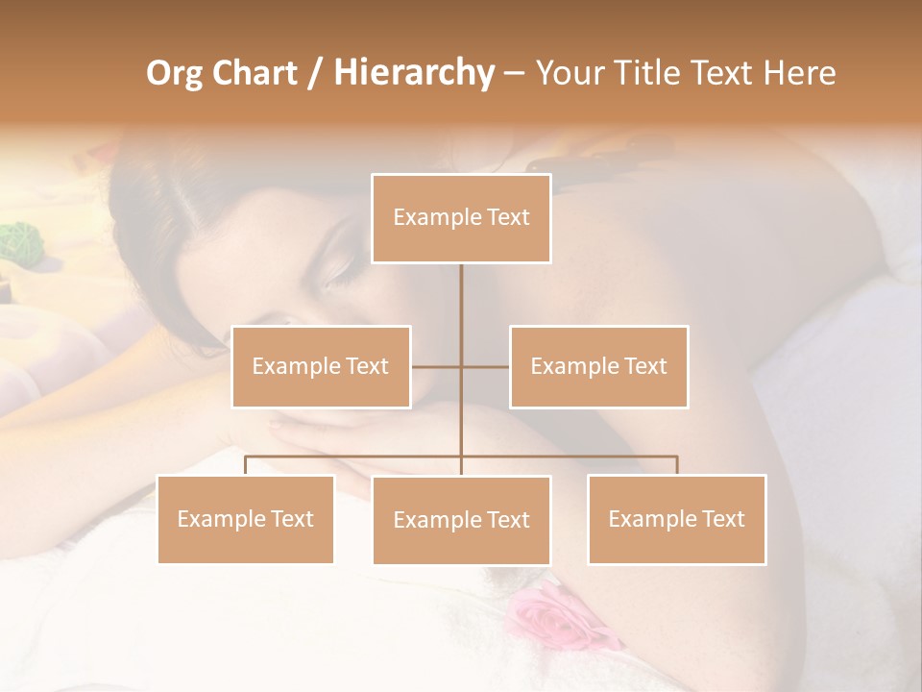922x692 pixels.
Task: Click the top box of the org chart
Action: pos(461,218)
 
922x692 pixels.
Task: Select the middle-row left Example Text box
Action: pos(321,366)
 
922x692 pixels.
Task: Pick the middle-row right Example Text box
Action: pos(598,366)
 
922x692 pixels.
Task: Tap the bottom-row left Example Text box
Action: pos(245,519)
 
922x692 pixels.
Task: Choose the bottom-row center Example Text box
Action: pos(461,520)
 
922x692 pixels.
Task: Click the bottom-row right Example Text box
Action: pos(676,519)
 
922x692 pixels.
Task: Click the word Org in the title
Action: pos(174,73)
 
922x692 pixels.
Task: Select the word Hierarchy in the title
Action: pos(413,73)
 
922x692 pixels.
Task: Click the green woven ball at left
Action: pos(16,242)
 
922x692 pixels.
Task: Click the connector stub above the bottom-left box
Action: pos(245,465)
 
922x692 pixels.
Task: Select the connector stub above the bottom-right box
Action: pos(677,465)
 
